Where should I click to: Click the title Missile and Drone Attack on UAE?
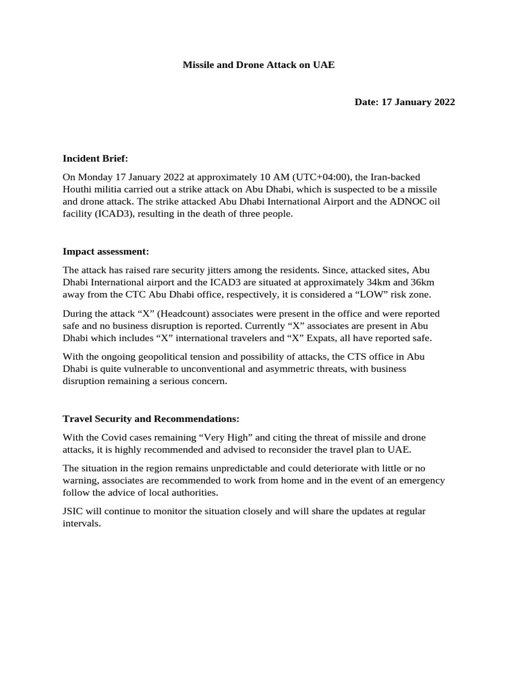point(259,65)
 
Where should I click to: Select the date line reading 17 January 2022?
point(405,102)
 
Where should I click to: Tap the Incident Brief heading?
point(95,158)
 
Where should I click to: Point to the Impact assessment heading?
point(106,251)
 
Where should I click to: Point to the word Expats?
point(362,338)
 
